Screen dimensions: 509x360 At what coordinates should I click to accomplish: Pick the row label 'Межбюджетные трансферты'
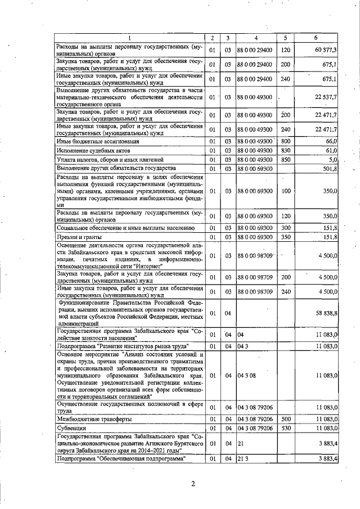[x=93, y=419]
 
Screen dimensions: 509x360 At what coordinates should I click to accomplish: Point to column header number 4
[x=256, y=38]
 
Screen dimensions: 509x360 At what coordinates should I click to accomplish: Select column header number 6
[x=316, y=38]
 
